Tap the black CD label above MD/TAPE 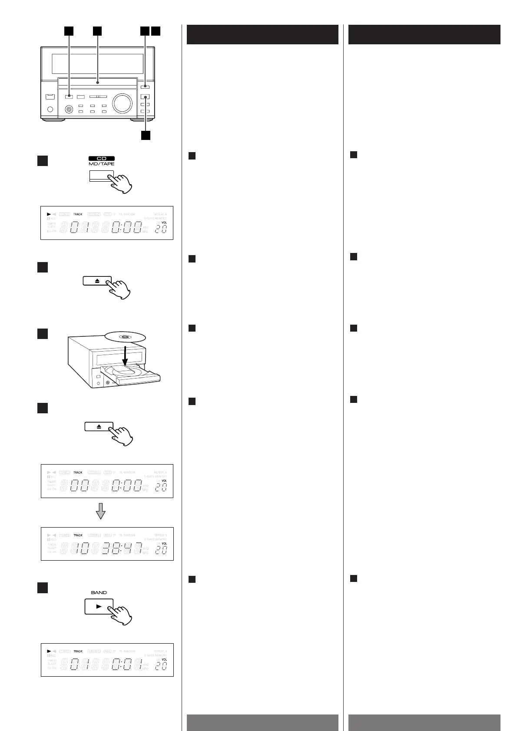point(101,159)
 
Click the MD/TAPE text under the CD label point(101,164)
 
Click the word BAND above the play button point(99,592)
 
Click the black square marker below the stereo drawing point(145,135)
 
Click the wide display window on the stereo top point(97,64)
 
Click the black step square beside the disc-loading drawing point(42,333)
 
